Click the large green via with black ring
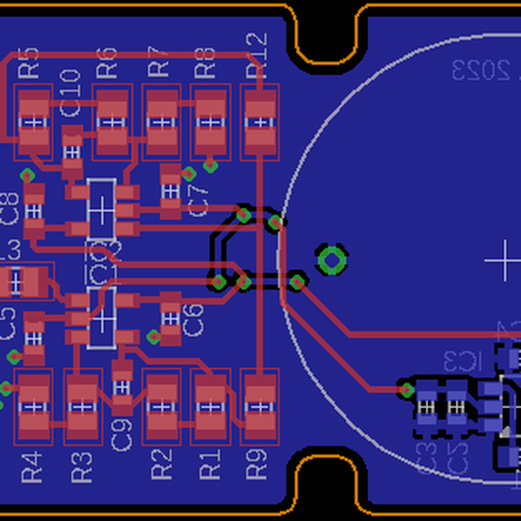[x=332, y=259]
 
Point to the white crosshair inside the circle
[x=502, y=260]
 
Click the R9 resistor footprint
[x=257, y=404]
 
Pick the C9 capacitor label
[x=122, y=433]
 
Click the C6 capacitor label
[x=195, y=320]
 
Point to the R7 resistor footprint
[x=160, y=121]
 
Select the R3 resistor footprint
[x=83, y=405]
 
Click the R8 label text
[x=205, y=61]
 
